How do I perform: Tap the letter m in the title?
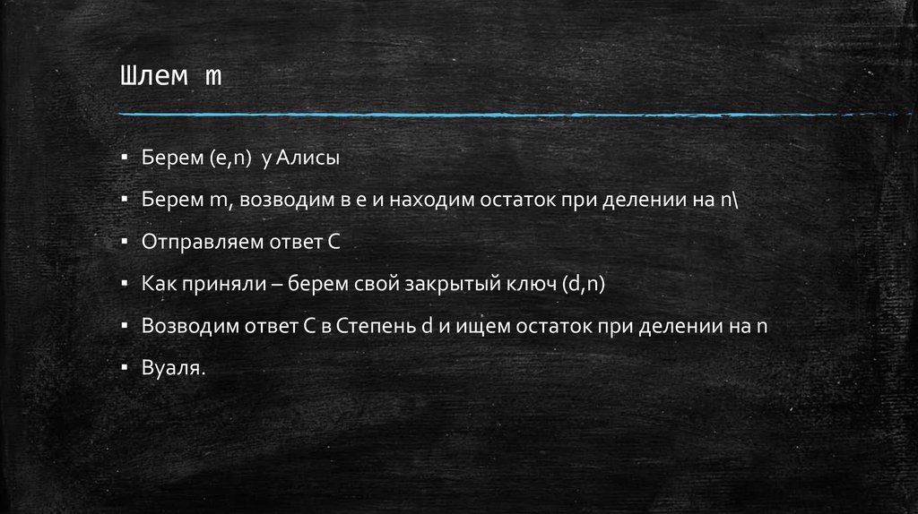pos(212,78)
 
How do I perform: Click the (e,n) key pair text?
pos(231,159)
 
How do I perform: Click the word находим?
pos(425,201)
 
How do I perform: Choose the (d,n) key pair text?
pos(585,285)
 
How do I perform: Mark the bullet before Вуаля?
pos(126,367)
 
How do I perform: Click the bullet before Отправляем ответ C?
pos(126,241)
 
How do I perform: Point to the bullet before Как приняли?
pos(126,283)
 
